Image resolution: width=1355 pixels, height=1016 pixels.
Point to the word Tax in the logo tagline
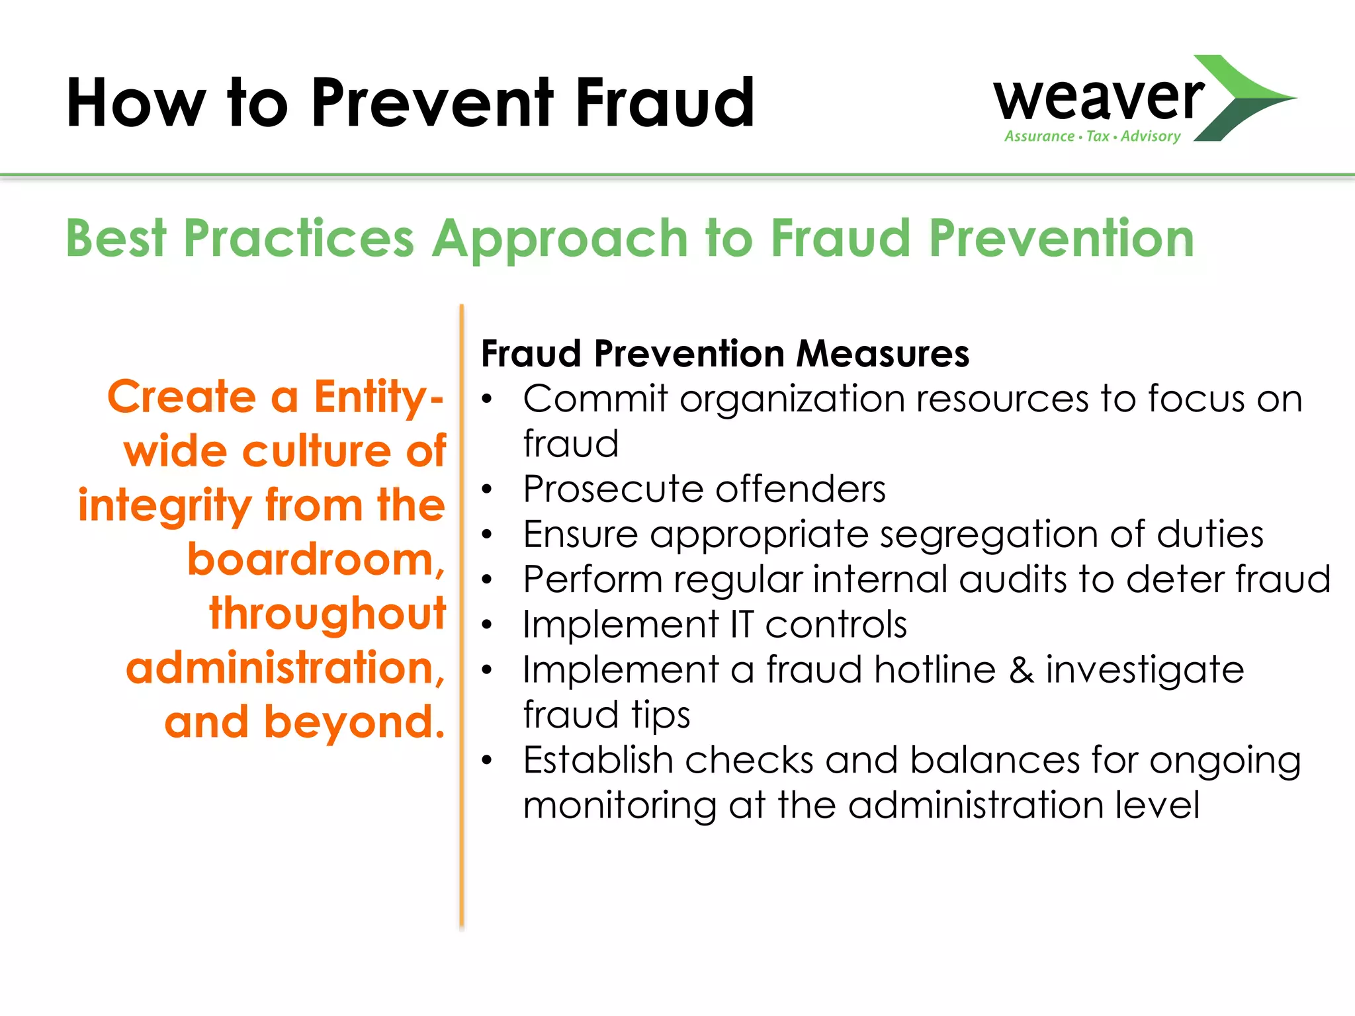(x=1098, y=136)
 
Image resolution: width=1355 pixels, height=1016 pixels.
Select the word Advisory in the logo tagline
(x=1151, y=136)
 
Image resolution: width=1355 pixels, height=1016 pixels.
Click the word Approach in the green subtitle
(x=560, y=239)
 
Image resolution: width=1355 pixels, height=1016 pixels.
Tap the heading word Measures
(x=883, y=353)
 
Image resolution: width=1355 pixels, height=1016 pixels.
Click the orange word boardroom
(x=316, y=560)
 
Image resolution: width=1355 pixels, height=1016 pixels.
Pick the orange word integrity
(x=165, y=506)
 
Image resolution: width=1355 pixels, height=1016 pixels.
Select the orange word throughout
(x=328, y=614)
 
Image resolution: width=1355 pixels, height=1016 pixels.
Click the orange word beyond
(x=354, y=722)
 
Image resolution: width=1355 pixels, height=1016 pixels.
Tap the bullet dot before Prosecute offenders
(x=488, y=489)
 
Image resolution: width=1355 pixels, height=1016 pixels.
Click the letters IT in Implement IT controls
(x=742, y=624)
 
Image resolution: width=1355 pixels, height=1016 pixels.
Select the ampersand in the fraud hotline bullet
(x=1021, y=670)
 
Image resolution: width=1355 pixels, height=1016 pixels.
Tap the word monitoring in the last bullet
(x=619, y=806)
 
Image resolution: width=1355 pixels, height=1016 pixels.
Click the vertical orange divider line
(x=462, y=615)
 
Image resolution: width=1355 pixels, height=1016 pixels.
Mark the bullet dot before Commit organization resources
(x=488, y=400)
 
